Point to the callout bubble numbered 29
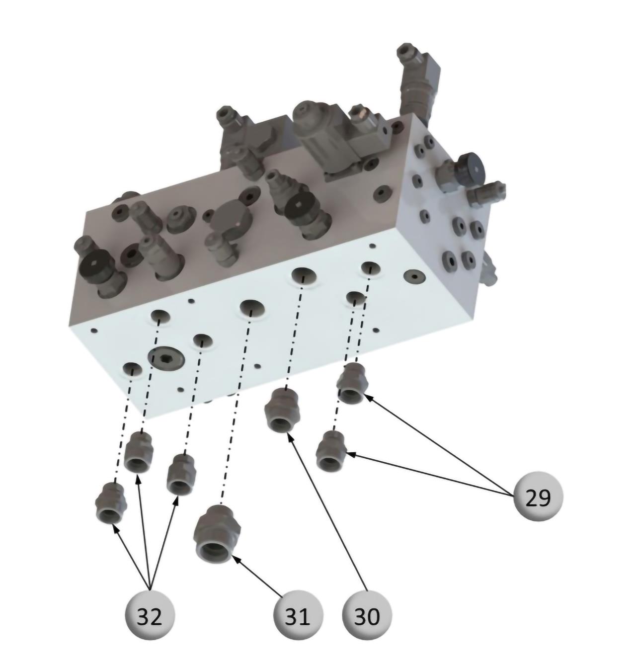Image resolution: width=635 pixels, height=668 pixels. click(x=538, y=497)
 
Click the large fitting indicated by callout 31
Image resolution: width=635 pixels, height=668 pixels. click(x=217, y=534)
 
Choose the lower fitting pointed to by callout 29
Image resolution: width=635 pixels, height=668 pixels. click(x=331, y=450)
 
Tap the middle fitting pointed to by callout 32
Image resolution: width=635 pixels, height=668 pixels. click(x=139, y=452)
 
